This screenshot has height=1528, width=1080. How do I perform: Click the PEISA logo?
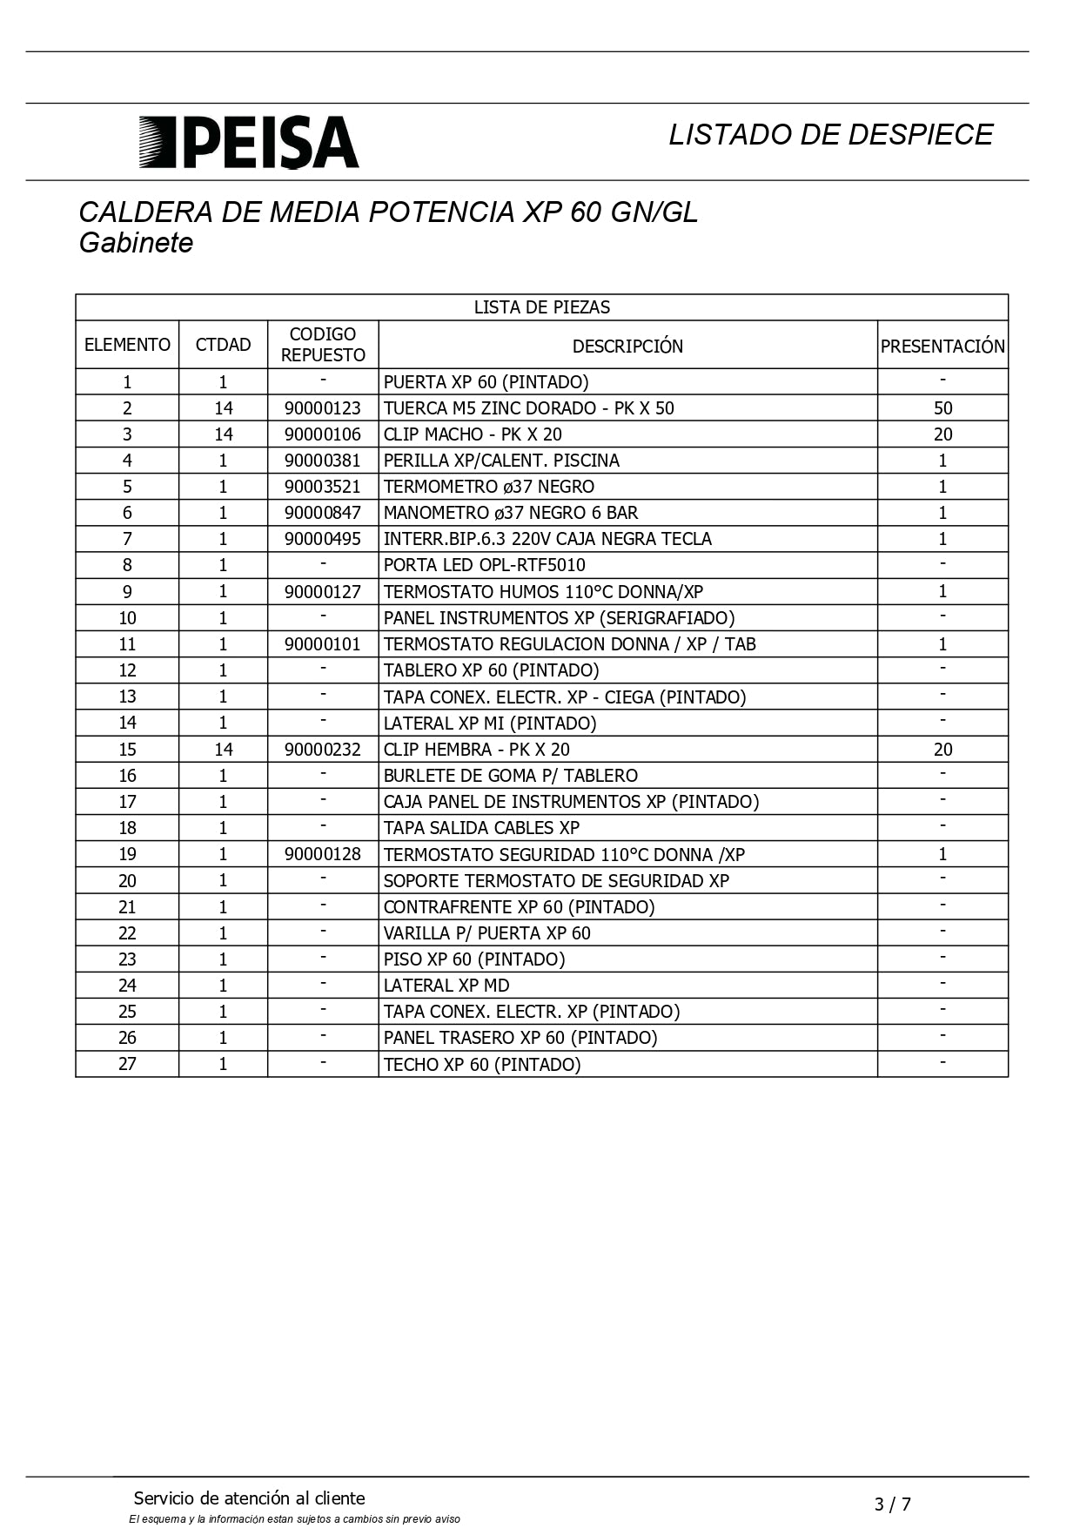[x=249, y=142]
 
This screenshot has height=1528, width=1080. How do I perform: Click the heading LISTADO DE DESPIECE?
[x=830, y=134]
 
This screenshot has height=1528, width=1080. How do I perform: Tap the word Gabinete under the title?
[x=136, y=243]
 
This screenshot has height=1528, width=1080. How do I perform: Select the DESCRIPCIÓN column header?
[x=627, y=346]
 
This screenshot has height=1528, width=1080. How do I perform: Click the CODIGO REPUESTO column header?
[x=323, y=345]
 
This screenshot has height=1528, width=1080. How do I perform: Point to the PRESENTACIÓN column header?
[x=942, y=346]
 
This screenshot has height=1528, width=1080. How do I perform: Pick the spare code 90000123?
[x=323, y=408]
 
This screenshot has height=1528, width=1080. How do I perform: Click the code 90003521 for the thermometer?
[x=323, y=487]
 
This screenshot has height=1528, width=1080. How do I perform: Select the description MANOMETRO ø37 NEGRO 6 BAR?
[x=511, y=513]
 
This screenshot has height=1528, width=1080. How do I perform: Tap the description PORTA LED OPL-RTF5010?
[x=485, y=565]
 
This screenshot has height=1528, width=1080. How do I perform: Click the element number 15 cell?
[x=127, y=750]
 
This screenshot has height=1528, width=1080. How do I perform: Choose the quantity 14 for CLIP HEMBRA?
[x=223, y=750]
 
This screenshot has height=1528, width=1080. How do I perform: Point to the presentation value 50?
[x=942, y=408]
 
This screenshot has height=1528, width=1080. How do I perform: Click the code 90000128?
[x=323, y=854]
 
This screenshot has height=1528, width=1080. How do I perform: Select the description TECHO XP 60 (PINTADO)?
[x=482, y=1064]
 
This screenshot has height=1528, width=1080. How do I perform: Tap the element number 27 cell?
[x=127, y=1064]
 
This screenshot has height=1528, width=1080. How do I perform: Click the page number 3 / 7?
[x=892, y=1504]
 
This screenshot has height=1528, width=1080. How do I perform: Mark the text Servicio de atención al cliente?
[x=249, y=1498]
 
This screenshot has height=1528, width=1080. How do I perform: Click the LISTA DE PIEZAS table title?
[x=541, y=307]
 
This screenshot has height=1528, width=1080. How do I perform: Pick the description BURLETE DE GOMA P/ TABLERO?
[x=511, y=776]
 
